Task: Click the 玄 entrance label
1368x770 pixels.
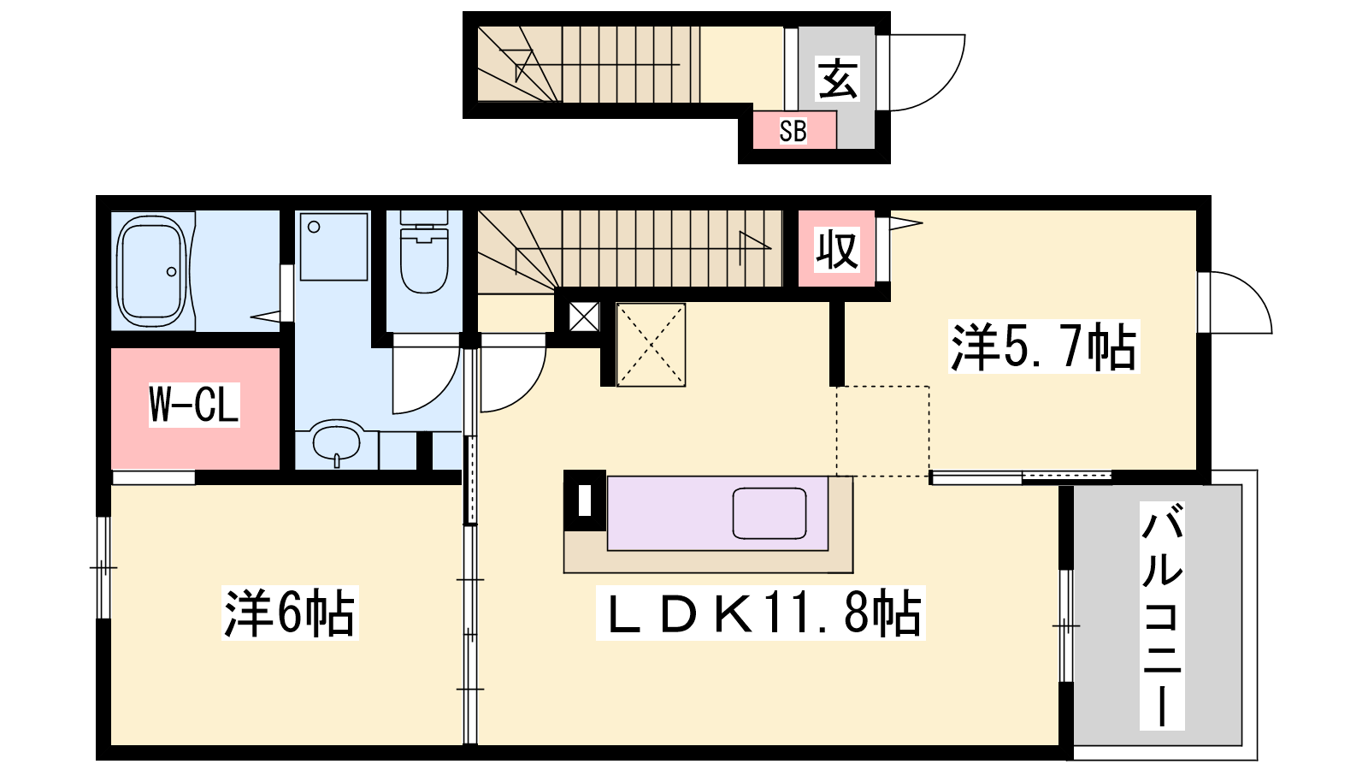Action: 837,78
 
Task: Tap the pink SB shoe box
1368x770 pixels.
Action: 794,130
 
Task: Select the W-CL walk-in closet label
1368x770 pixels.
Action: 194,405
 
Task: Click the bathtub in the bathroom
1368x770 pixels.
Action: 151,270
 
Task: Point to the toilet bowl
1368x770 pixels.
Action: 424,253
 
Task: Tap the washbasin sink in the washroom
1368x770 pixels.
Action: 336,441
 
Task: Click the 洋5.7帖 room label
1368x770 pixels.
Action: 1044,346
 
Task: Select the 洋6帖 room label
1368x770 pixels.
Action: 290,613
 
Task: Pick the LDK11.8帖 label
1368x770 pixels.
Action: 761,613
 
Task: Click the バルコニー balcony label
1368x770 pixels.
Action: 1162,616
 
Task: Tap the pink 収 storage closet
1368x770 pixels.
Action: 837,248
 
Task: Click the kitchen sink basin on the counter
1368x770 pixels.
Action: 769,513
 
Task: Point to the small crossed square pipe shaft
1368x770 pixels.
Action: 585,317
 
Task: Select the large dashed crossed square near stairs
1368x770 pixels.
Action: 651,345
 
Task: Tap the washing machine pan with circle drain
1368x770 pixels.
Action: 333,246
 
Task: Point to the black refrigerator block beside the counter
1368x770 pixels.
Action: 585,500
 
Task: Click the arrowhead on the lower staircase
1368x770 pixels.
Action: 755,248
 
